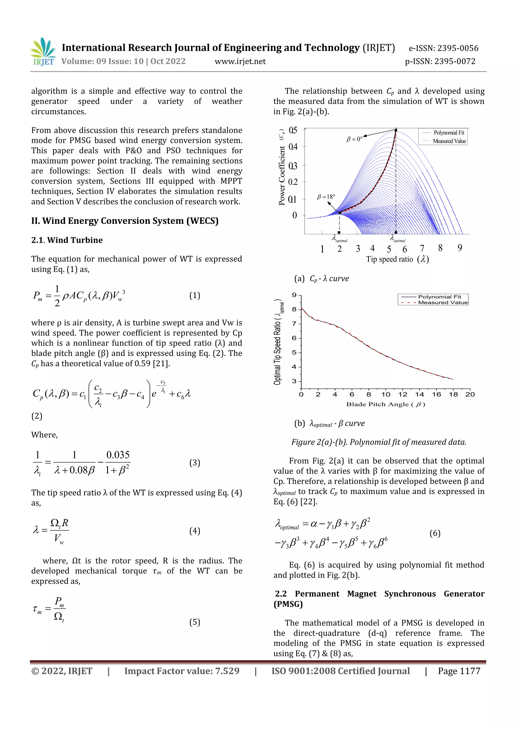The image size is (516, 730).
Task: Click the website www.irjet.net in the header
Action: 240,61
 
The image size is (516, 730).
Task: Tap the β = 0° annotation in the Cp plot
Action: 354,139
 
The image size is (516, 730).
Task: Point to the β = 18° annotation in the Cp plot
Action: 326,197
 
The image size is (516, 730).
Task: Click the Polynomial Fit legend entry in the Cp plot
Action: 449,133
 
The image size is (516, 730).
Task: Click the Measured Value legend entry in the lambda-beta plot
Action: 443,302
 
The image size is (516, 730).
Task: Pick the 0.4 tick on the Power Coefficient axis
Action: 293,147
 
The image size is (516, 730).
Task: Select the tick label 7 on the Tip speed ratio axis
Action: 422,248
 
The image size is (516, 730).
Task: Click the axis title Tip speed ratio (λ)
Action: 397,259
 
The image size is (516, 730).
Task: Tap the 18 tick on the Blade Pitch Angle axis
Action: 453,394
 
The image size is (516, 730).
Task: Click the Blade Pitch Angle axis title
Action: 385,404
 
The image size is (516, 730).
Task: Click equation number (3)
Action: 195,463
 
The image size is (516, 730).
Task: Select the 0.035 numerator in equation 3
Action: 118,455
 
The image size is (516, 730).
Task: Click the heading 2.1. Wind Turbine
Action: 67,240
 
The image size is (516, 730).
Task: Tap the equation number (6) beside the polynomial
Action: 435,533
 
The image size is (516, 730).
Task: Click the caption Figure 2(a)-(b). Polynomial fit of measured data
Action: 379,442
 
